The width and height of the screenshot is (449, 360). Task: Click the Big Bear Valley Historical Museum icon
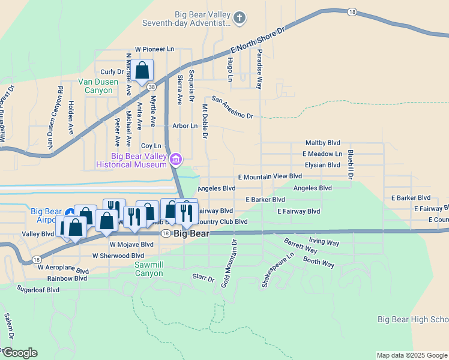pos(176,160)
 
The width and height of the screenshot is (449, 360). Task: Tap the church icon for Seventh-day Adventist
pos(239,17)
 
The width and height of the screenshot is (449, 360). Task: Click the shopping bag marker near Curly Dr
pos(142,71)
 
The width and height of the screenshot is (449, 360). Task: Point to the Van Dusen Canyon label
pos(95,86)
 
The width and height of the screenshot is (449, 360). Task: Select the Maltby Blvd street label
pos(323,143)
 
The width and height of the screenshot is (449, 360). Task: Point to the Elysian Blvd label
pos(322,165)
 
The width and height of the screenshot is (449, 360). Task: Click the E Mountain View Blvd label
pos(270,177)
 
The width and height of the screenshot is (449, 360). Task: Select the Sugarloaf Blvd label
pos(38,289)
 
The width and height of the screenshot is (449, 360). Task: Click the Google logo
pos(19,353)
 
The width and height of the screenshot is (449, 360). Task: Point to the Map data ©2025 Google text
pos(412,355)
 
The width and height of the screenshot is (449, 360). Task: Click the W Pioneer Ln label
pos(154,49)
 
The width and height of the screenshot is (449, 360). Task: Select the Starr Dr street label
pos(203,278)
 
